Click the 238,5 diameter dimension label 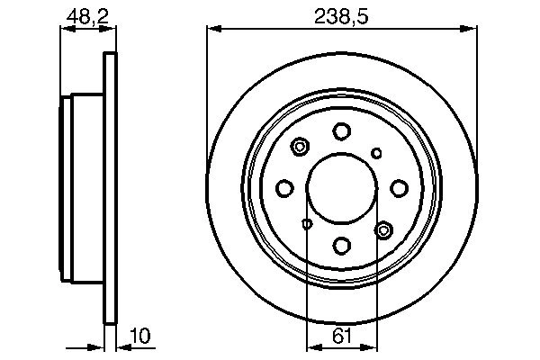click(x=341, y=14)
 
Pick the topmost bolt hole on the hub click(x=342, y=131)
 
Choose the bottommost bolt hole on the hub click(x=342, y=244)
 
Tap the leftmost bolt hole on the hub click(x=285, y=187)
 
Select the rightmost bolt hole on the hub click(x=398, y=187)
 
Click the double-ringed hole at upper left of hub click(x=300, y=145)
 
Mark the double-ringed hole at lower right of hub click(x=384, y=230)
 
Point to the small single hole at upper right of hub click(x=377, y=152)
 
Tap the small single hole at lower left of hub click(x=307, y=223)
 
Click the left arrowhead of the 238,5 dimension click(x=213, y=30)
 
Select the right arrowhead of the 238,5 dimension click(x=471, y=30)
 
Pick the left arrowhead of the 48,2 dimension click(x=65, y=30)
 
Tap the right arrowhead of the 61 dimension click(x=372, y=346)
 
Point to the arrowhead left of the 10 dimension click(x=100, y=346)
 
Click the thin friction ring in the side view click(x=112, y=189)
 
